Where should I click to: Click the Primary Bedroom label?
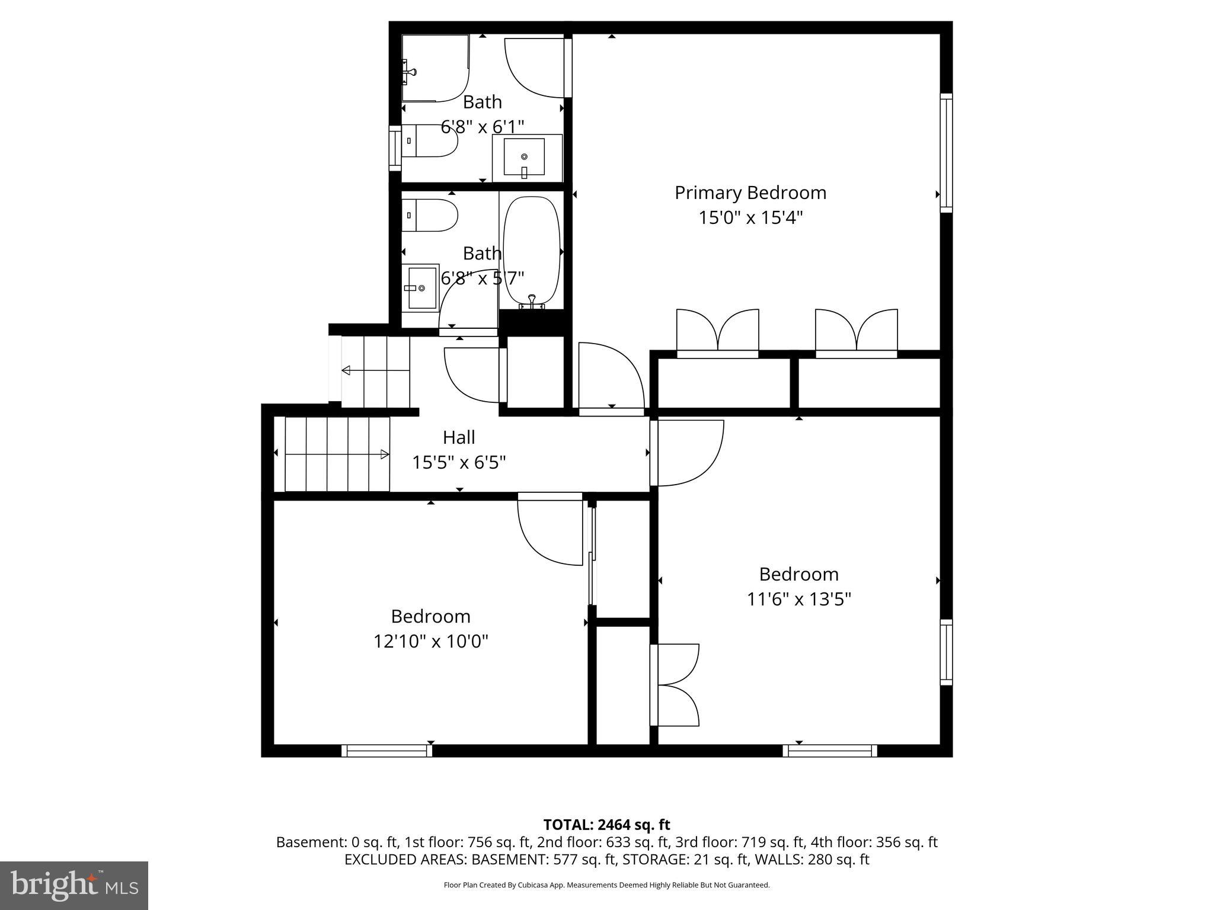tap(750, 193)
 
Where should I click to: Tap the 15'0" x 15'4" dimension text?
tap(750, 218)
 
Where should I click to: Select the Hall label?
tap(459, 438)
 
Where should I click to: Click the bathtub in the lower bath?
tap(531, 252)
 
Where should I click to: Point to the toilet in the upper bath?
tap(430, 141)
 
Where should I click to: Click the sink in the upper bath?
tap(524, 157)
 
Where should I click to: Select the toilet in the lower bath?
tap(430, 216)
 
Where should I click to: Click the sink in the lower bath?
tap(421, 288)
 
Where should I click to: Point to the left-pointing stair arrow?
tap(346, 371)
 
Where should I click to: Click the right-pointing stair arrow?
tap(384, 454)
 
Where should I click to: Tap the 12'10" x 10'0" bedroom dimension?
tap(430, 642)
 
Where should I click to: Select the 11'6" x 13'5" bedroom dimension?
tap(798, 600)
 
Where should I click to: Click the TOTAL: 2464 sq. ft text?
tap(606, 825)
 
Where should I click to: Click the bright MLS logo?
tap(74, 885)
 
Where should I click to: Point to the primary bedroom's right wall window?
tap(946, 153)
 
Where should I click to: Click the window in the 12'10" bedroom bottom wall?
tap(387, 751)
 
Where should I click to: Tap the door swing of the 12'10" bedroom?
tap(548, 530)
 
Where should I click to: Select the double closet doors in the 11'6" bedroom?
tap(676, 685)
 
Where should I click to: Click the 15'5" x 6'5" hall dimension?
tap(459, 463)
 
